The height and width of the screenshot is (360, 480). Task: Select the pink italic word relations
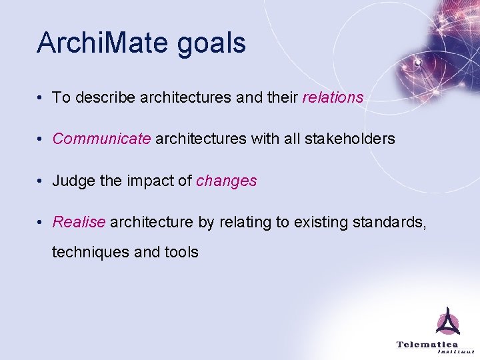tap(333, 97)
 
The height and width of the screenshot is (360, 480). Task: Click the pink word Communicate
tap(101, 139)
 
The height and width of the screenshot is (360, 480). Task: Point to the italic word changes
tap(226, 181)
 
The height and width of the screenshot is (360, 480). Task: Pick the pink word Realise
tap(79, 222)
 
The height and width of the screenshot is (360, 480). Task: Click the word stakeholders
tap(349, 139)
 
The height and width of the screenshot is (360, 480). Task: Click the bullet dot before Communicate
tap(41, 139)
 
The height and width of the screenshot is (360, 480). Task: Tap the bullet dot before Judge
tap(41, 181)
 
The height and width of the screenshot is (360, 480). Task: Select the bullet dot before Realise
tap(41, 222)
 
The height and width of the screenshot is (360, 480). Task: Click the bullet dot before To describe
tap(41, 97)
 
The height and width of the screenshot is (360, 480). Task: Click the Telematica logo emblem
tap(447, 322)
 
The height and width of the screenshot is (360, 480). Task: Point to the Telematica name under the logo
tap(427, 344)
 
